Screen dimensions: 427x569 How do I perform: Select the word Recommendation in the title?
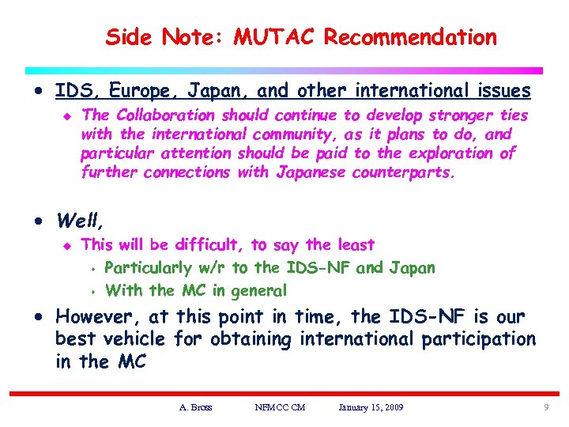coord(410,36)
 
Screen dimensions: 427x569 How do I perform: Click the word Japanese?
coord(311,172)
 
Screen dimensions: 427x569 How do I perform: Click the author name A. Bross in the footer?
coord(195,407)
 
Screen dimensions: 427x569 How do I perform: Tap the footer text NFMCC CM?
coord(281,407)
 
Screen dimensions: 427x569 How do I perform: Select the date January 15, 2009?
coord(371,407)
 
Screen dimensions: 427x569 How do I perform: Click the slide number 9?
coord(546,407)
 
